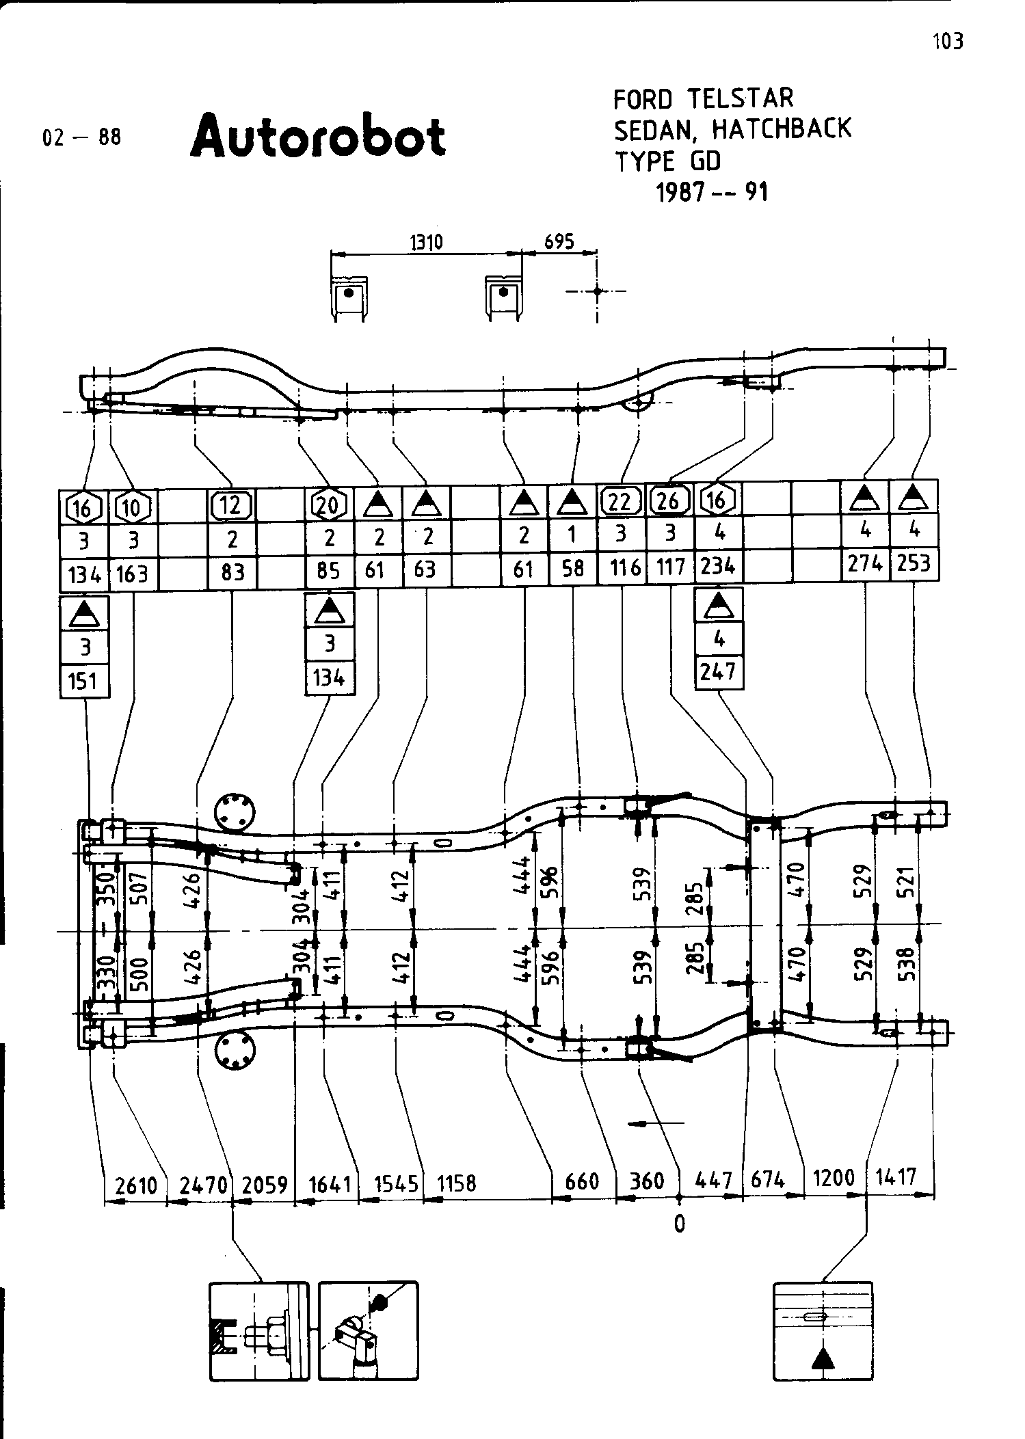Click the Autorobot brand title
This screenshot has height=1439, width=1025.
318,135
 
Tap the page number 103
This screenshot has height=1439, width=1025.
948,42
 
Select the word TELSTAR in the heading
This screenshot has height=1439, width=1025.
740,98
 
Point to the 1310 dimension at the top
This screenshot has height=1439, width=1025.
426,242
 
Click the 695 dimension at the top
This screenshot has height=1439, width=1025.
559,241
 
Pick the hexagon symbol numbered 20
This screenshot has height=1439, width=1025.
329,505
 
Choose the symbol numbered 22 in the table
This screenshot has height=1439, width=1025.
620,502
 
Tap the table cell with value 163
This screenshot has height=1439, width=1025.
133,573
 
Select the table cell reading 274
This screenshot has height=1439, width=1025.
865,564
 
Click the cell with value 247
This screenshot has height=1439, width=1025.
718,673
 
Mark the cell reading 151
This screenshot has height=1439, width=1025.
84,681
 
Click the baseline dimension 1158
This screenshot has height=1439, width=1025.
456,1183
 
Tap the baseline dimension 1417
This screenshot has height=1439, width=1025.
896,1176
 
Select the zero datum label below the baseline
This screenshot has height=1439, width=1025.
679,1224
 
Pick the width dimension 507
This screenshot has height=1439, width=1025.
142,887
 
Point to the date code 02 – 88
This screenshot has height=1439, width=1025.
81,137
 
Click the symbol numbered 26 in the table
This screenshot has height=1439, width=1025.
668,502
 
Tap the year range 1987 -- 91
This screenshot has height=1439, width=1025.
712,193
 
